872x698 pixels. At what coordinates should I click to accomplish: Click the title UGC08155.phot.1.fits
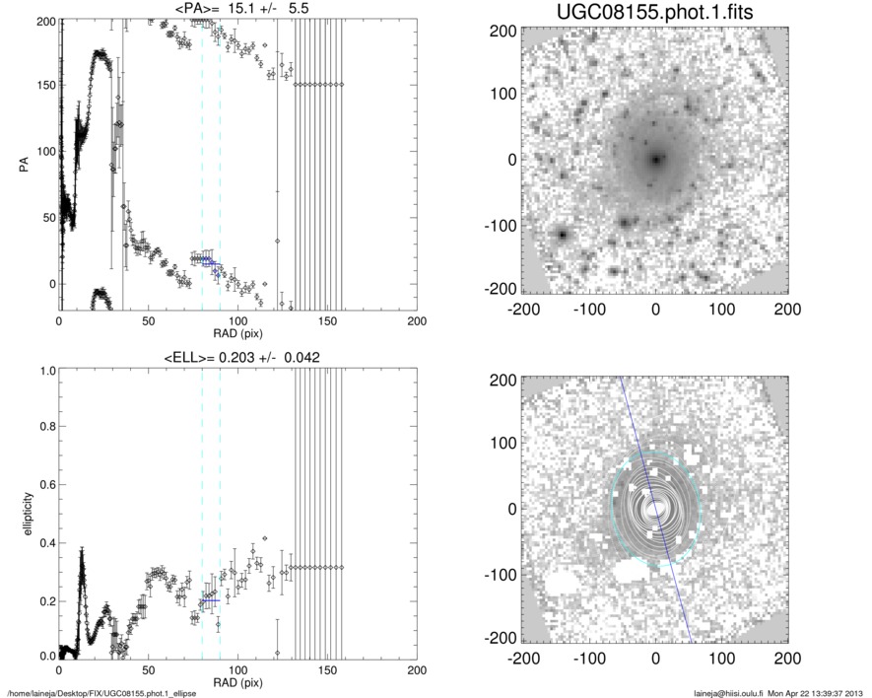tap(654, 12)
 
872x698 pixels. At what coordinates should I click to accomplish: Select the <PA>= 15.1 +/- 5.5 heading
tap(238, 9)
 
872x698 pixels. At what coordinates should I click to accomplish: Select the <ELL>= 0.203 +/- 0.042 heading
tap(238, 357)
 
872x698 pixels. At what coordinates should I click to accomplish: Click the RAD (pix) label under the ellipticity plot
tap(238, 682)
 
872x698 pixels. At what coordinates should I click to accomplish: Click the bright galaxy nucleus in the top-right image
tap(656, 158)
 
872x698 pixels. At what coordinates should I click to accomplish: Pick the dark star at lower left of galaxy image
tap(563, 235)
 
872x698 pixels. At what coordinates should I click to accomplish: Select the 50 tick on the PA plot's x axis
tap(149, 321)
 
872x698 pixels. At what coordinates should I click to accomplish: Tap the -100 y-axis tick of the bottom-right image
tap(503, 575)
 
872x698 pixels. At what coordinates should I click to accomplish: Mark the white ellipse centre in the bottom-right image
tap(656, 509)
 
